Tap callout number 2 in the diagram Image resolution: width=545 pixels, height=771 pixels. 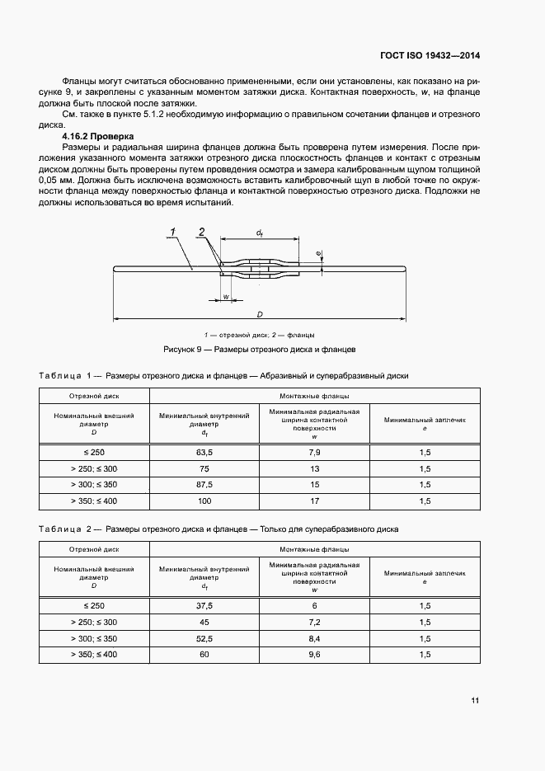pos(202,232)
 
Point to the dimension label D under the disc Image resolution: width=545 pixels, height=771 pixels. pos(259,314)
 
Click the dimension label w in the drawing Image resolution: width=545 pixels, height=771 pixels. pos(225,296)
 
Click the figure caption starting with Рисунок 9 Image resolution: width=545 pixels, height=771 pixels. pos(259,350)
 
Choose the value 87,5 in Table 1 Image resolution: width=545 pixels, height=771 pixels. pos(204,485)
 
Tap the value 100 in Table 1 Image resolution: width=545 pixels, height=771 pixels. pos(204,501)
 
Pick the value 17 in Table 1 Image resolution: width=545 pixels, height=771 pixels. pos(314,501)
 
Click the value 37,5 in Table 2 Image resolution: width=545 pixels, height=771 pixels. pos(204,606)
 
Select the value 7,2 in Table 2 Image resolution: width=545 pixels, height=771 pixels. pos(314,622)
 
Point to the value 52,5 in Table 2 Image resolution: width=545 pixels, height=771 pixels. pos(204,638)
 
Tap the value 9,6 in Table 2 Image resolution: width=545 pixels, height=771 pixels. pos(314,654)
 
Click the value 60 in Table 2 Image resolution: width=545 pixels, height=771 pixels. pos(204,654)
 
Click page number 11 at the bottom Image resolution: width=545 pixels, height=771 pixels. pos(475,701)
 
